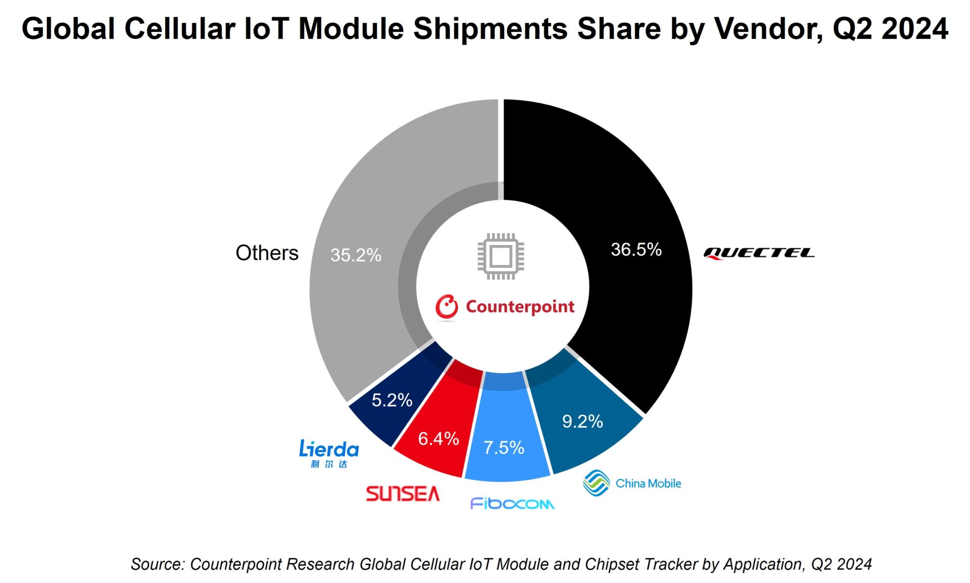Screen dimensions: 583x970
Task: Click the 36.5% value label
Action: [636, 249]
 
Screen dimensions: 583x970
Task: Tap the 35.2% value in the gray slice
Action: [356, 255]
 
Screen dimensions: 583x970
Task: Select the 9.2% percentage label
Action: [583, 421]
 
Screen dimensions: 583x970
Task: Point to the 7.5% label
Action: [504, 447]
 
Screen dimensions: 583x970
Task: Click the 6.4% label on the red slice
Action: [439, 438]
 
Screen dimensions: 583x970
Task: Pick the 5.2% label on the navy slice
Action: [392, 400]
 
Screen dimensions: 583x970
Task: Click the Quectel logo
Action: [759, 253]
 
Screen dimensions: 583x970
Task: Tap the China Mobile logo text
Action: [648, 483]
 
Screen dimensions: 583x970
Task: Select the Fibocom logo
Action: [512, 504]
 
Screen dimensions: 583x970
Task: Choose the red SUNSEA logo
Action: [403, 494]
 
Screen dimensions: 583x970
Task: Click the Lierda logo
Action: [329, 453]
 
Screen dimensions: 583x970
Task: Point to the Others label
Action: [267, 253]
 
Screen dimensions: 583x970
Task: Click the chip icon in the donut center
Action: [501, 256]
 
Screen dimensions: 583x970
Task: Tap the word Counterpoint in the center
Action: [520, 306]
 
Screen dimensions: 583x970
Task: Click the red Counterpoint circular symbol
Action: [447, 307]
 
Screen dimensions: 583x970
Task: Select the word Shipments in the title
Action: [491, 29]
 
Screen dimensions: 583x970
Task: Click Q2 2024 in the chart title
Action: [890, 29]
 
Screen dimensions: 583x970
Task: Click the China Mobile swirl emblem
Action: [596, 483]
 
